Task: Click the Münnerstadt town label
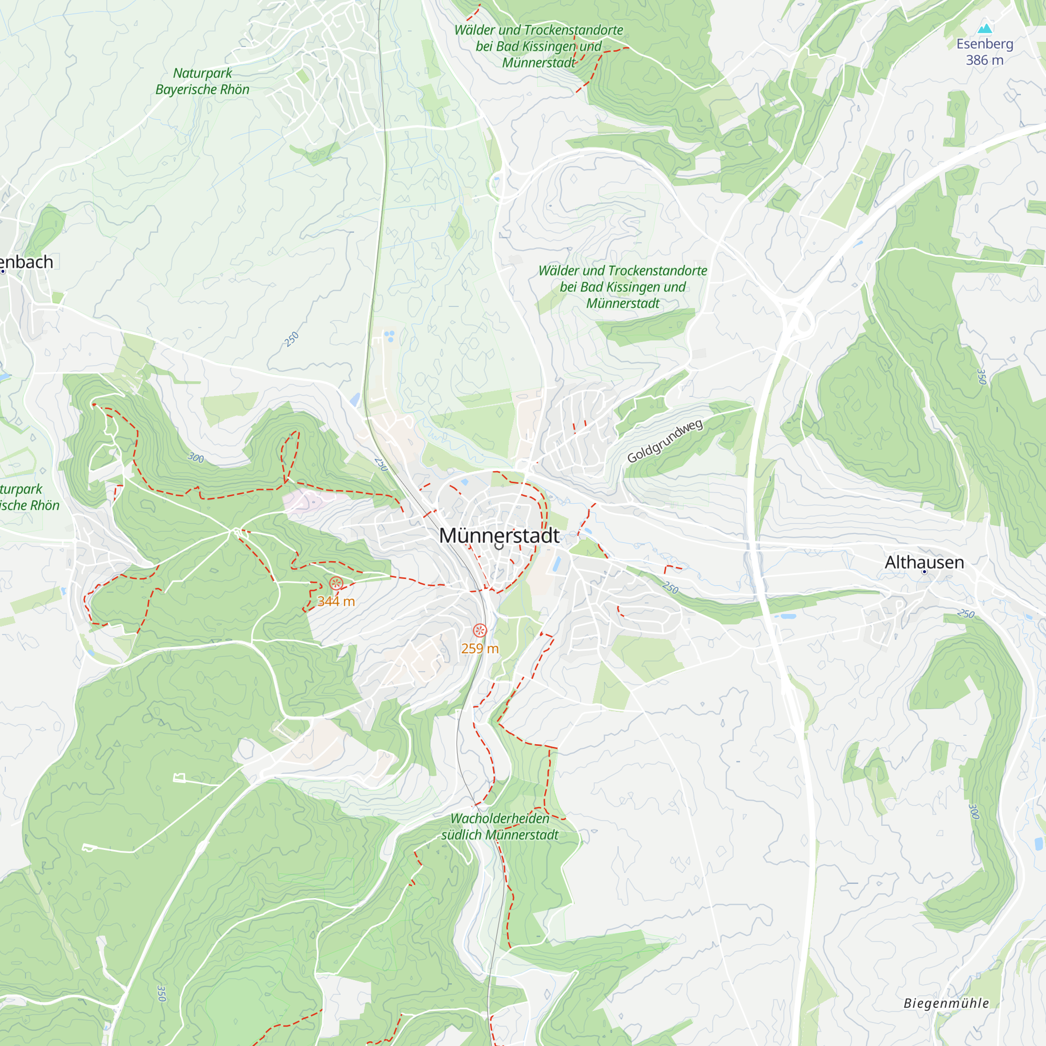click(498, 536)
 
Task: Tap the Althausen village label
click(924, 562)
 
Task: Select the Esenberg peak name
click(984, 44)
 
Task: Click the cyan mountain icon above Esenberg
click(985, 28)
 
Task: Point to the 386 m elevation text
click(984, 60)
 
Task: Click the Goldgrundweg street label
click(665, 441)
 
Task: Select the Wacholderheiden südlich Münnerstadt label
click(499, 827)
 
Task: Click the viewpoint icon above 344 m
click(336, 584)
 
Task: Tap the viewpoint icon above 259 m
click(480, 630)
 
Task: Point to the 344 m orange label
click(336, 601)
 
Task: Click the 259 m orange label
click(480, 649)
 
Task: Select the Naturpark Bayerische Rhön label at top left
click(202, 81)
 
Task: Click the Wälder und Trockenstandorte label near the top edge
click(538, 46)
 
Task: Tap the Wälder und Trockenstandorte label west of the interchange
click(622, 287)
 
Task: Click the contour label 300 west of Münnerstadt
click(196, 458)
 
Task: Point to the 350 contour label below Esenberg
click(981, 376)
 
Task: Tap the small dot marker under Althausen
click(924, 572)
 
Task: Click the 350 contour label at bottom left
click(161, 994)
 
